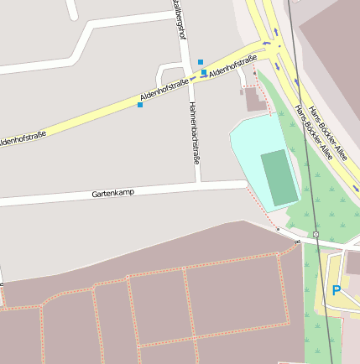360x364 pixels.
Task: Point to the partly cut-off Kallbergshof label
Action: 177,18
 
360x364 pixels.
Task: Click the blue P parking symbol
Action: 337,290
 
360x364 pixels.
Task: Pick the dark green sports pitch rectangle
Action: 279,177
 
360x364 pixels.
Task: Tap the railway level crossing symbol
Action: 316,234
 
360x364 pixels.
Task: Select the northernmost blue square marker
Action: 200,62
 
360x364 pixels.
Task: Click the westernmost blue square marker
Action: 139,105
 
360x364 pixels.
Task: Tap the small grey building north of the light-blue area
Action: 255,101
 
